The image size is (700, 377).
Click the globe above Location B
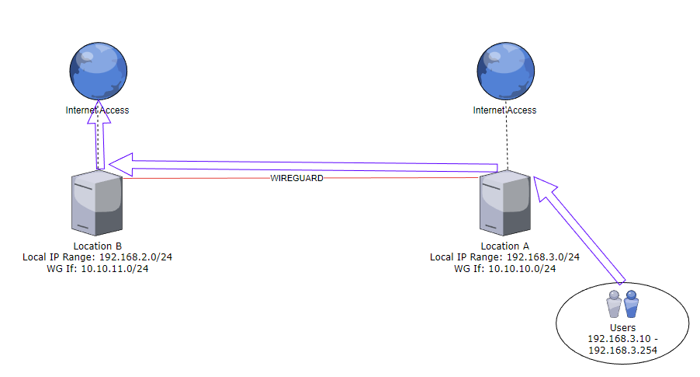pos(98,70)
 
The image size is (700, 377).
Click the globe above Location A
pos(506,70)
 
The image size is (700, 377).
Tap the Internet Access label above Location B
pos(97,110)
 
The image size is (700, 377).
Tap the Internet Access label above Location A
pos(504,110)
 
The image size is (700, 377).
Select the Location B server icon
pos(97,204)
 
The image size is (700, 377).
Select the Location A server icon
pos(504,204)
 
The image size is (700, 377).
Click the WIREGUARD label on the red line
pos(296,178)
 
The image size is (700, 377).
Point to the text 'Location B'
pos(97,246)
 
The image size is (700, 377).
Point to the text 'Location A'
pos(504,246)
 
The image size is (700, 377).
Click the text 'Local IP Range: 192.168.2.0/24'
pos(97,257)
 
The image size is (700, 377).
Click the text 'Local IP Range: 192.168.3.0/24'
pos(504,257)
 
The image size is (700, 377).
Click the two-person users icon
pos(623,304)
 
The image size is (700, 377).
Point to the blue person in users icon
pos(631,304)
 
